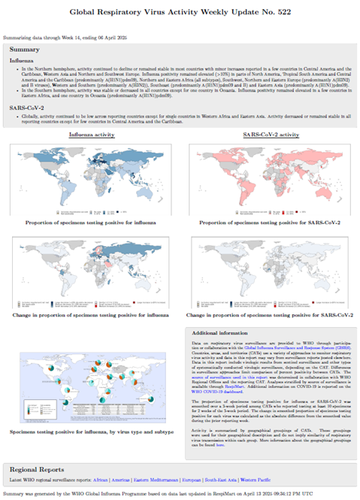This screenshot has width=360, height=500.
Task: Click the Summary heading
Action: [26, 47]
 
